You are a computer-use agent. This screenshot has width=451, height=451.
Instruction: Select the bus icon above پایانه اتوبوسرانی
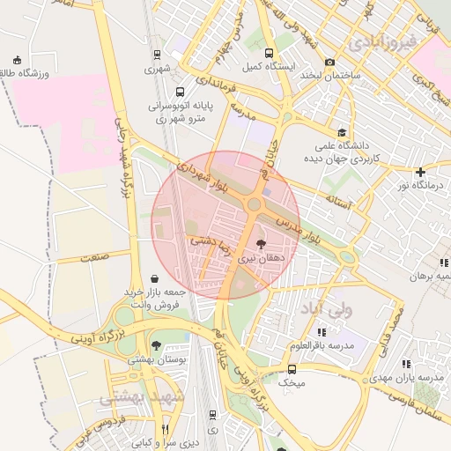[181, 92]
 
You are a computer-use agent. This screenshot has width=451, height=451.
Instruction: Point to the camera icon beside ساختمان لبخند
[329, 63]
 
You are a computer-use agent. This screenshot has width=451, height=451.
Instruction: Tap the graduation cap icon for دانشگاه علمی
[329, 128]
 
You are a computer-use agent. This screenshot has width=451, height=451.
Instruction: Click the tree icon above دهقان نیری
[261, 244]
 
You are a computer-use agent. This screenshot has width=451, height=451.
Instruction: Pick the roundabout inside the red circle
[254, 204]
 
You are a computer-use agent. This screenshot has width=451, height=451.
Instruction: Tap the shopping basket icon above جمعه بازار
[155, 278]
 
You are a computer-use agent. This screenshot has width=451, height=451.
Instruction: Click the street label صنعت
[92, 257]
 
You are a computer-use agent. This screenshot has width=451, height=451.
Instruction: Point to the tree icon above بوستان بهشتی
[157, 345]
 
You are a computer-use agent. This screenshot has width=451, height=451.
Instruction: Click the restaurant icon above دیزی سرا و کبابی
[165, 429]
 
